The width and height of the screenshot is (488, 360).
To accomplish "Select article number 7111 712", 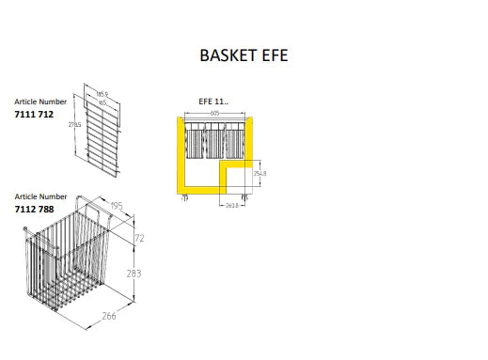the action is coord(34,114).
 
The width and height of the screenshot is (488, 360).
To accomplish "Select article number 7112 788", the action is coord(35,210).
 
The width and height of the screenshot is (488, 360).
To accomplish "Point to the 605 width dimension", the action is coord(216,113).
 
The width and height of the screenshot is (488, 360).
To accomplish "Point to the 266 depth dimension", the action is coord(110,317).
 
